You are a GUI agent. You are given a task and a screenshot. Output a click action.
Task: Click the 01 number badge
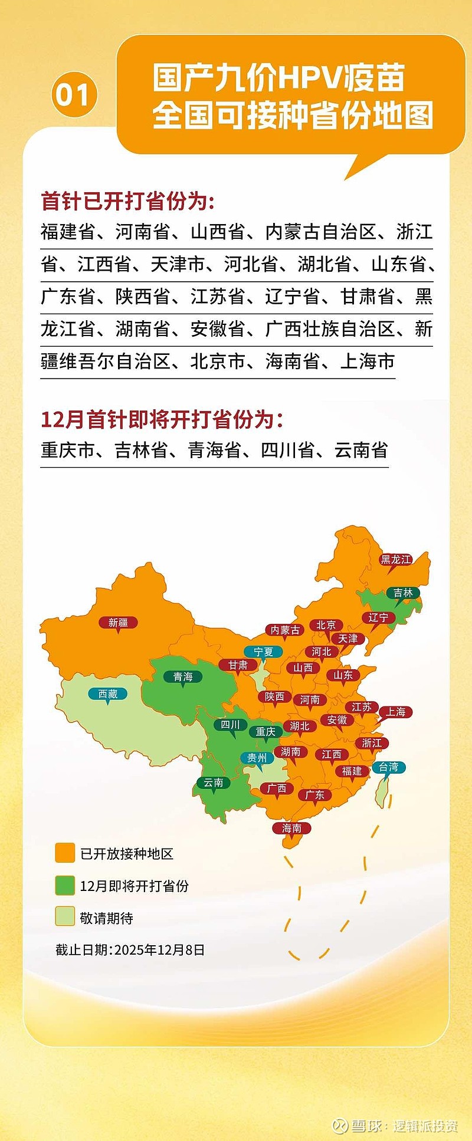[74, 95]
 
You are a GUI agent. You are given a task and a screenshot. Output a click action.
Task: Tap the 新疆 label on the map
[118, 623]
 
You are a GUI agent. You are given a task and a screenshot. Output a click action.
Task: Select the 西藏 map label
[107, 694]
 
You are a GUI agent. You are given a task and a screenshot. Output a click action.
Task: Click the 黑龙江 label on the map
[396, 560]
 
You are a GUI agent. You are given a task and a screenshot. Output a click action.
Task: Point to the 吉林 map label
[404, 593]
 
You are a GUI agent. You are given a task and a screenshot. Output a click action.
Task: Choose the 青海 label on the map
[183, 676]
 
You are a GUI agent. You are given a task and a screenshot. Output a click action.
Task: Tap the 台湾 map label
[389, 767]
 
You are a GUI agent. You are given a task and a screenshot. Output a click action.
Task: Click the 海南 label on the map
[291, 828]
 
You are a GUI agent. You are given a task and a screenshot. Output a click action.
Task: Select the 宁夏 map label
[264, 652]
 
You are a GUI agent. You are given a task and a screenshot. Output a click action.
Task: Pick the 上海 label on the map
[396, 712]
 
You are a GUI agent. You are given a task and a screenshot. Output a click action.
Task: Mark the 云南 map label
[214, 782]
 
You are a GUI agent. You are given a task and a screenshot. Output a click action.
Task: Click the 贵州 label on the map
[257, 758]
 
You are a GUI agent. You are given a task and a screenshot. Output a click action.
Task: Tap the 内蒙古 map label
[285, 630]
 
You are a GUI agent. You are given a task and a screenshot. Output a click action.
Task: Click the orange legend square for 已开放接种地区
[65, 853]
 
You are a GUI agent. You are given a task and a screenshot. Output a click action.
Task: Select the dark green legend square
[65, 885]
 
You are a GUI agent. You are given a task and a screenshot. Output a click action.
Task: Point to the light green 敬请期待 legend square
[65, 917]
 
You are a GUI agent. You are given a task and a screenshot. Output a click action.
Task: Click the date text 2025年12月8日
[159, 950]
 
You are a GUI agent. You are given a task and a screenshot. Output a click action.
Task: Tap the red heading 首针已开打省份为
[127, 201]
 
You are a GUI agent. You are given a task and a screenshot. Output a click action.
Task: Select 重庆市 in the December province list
[67, 450]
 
